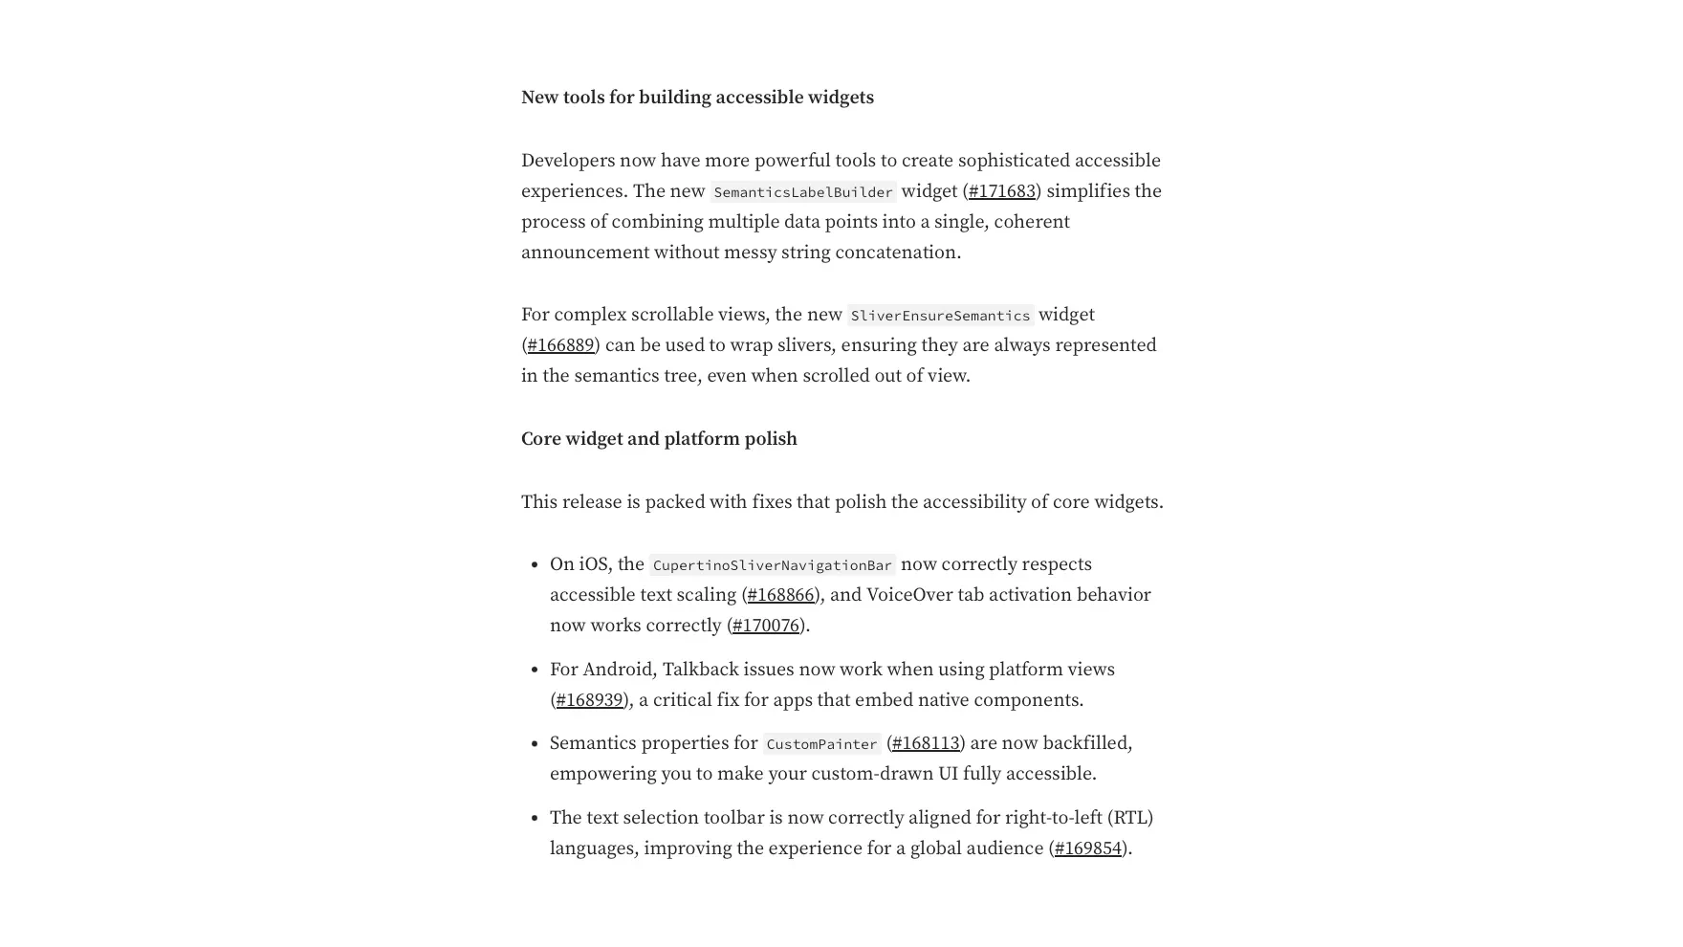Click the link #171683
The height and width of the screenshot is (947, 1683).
click(x=1001, y=191)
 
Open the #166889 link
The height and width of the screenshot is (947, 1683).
click(x=560, y=345)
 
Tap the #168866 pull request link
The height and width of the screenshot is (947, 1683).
click(x=780, y=595)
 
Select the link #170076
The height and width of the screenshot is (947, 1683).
click(x=765, y=626)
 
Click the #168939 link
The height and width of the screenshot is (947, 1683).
click(x=589, y=700)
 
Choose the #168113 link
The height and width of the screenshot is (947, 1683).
click(x=925, y=743)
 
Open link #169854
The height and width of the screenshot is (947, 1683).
click(x=1087, y=848)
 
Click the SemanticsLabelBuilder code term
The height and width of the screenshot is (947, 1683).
click(x=802, y=192)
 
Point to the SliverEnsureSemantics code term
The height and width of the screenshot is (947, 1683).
click(x=940, y=316)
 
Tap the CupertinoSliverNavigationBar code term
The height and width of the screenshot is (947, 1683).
click(x=772, y=565)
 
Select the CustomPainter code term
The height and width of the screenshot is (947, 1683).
click(x=821, y=744)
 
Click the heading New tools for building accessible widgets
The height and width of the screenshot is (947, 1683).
click(x=697, y=98)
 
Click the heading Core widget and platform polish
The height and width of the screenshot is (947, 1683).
click(x=659, y=439)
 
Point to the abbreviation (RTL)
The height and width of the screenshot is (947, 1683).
click(x=1129, y=818)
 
